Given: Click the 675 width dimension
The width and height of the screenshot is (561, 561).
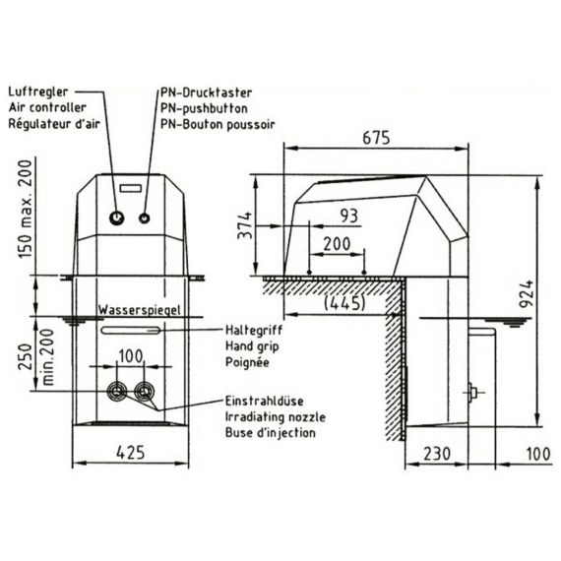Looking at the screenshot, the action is [376, 138].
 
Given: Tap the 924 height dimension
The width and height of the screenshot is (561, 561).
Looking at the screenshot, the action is [527, 294].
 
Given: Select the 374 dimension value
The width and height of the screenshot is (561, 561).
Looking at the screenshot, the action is [245, 225].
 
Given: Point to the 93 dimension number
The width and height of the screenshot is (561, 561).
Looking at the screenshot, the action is [348, 216].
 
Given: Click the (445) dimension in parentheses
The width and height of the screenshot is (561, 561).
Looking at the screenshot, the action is [344, 303].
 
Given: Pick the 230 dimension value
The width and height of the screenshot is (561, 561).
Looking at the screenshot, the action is [437, 454].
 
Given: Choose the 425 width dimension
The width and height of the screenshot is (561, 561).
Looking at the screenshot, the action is [131, 453].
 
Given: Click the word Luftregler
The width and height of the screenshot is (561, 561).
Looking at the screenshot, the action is [38, 92].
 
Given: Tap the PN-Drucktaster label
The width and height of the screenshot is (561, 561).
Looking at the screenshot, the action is [206, 93].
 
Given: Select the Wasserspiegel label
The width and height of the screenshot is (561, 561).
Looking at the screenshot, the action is [140, 310].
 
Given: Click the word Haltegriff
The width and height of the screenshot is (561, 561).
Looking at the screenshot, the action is [254, 330].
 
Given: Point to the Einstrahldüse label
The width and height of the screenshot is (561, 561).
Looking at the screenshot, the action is [265, 401].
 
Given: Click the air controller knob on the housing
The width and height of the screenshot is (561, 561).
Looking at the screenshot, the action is [117, 218].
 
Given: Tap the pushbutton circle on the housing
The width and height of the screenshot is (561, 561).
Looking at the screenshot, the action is [144, 218].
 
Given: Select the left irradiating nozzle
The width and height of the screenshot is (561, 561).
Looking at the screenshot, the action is [117, 392].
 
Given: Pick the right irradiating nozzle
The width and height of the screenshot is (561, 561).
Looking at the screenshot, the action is [144, 392].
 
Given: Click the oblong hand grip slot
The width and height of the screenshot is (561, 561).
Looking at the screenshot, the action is [131, 331].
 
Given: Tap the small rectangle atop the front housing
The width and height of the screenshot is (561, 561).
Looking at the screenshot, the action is [131, 188].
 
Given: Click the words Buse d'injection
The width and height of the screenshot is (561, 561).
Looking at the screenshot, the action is [271, 433].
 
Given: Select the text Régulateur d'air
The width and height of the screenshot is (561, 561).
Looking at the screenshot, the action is [54, 124].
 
